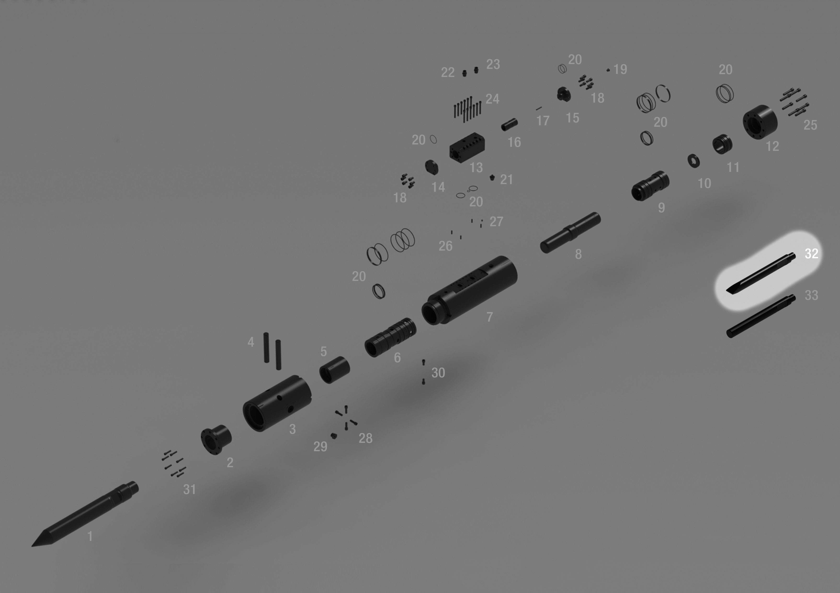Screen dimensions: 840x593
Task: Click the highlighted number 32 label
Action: point(812,253)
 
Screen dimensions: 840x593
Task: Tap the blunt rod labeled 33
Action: point(761,316)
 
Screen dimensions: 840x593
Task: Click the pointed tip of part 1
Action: point(32,546)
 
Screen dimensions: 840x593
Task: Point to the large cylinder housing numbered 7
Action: point(469,290)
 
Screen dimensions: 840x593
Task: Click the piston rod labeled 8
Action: point(570,233)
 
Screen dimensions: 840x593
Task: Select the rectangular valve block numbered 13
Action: point(467,148)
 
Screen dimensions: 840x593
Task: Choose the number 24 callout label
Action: point(493,99)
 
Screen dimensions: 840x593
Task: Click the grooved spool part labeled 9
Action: point(650,186)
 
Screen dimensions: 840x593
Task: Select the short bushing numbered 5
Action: point(334,370)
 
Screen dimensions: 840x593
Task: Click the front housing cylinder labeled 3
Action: point(277,403)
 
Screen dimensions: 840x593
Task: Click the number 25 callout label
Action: point(810,125)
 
